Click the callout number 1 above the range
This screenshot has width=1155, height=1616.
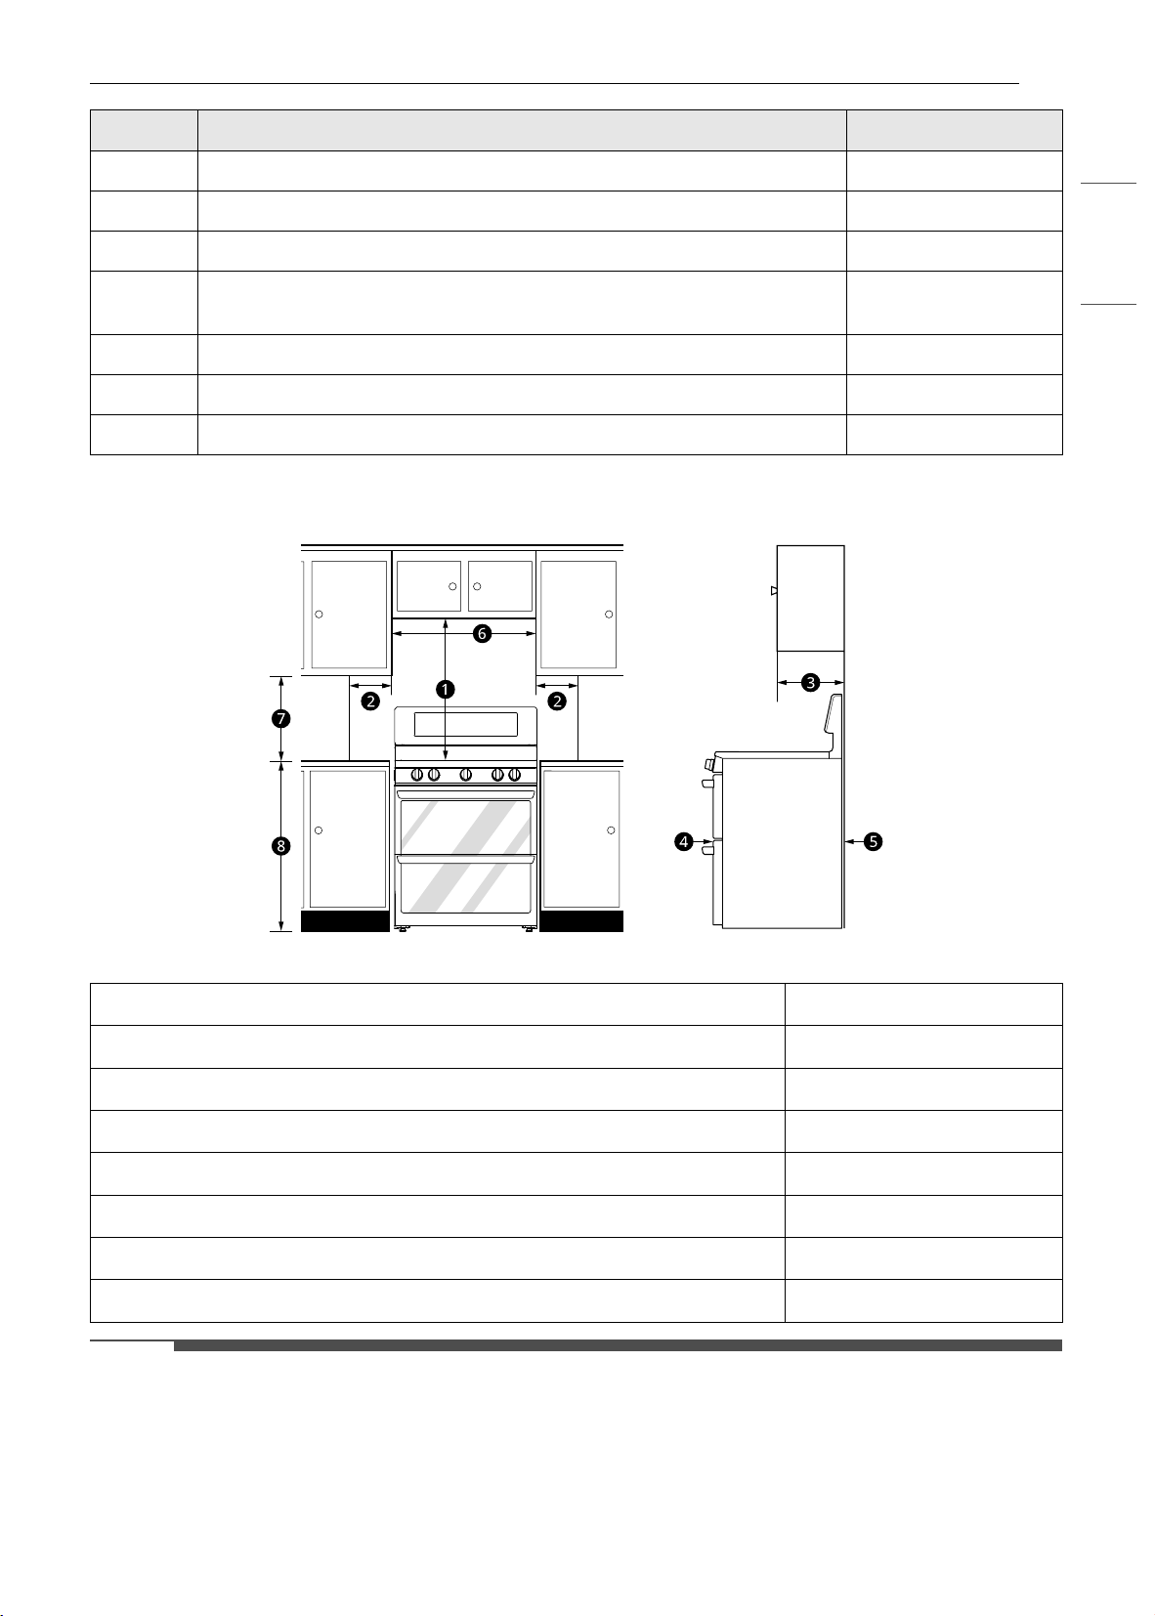(446, 690)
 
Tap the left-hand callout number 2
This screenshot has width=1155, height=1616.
(370, 701)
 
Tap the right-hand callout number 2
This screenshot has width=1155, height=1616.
(557, 701)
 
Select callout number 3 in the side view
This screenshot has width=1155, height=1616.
(810, 683)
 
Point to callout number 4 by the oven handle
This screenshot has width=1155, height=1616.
(683, 841)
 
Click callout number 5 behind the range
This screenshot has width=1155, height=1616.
(873, 841)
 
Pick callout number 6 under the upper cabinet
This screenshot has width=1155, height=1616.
(482, 633)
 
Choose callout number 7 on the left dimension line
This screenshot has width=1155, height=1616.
(280, 718)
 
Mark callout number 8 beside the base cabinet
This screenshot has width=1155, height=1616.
(280, 846)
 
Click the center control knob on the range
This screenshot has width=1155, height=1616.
(466, 775)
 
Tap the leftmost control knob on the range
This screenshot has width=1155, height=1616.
(417, 775)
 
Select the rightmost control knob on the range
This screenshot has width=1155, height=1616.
(514, 775)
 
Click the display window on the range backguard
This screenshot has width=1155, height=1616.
(466, 724)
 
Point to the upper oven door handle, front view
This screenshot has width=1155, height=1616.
(466, 794)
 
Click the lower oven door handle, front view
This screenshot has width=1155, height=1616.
(466, 859)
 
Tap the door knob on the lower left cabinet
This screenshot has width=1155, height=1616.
(319, 830)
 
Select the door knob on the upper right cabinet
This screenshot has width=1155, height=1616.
(609, 615)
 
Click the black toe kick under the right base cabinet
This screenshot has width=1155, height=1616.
(581, 921)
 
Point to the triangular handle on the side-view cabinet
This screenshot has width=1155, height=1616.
(774, 591)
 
